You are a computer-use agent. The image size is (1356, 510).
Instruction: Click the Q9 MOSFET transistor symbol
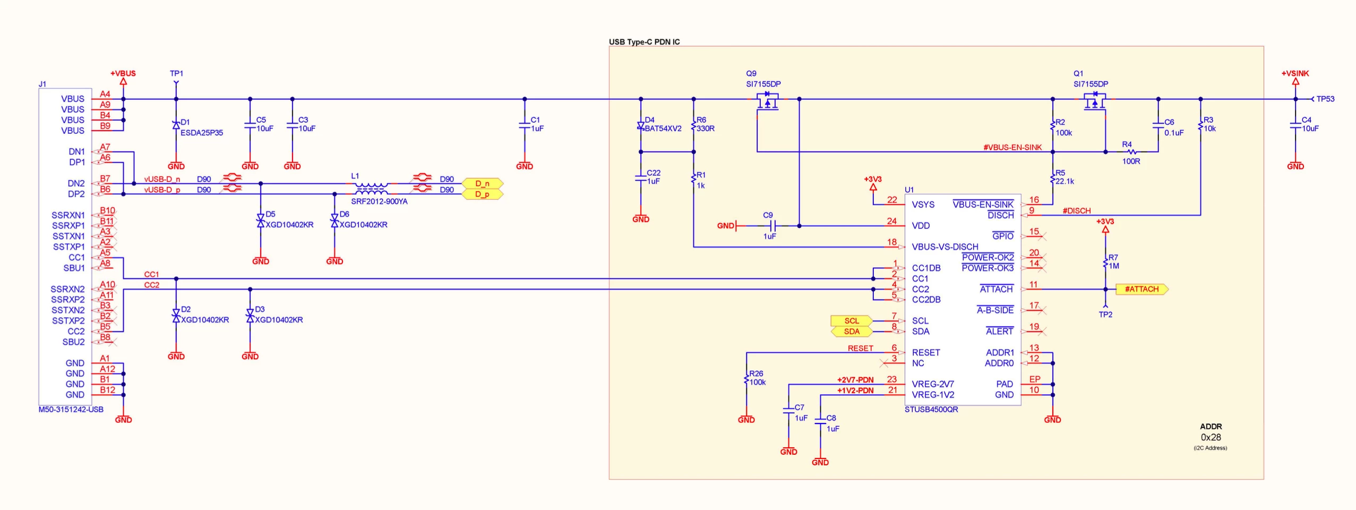coord(767,101)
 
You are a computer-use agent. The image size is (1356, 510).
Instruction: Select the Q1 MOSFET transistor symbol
coord(1094,101)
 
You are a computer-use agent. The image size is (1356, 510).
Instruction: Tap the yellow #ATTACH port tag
coord(1142,289)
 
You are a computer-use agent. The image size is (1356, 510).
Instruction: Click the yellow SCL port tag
coord(851,321)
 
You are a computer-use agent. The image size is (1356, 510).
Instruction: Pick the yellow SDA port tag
coord(851,331)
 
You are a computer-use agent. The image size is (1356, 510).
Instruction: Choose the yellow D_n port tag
coord(482,184)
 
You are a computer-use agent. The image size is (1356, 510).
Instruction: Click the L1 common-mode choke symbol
coord(371,189)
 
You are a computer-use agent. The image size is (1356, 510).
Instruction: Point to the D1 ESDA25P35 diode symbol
coord(176,125)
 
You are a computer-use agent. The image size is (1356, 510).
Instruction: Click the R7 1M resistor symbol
coord(1105,262)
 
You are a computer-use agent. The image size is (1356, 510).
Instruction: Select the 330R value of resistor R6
coord(706,129)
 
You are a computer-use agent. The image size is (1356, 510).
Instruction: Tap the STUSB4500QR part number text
coord(931,410)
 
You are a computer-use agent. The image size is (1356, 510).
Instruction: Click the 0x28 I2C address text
coord(1211,437)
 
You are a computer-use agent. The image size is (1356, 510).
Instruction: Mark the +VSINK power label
coord(1295,73)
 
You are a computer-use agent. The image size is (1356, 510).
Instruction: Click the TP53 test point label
coord(1325,99)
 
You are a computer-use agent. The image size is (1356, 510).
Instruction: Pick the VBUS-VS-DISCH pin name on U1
coord(945,246)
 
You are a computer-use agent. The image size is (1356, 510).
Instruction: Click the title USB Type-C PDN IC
coord(644,42)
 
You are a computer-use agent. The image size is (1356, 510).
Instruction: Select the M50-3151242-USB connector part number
coord(71,410)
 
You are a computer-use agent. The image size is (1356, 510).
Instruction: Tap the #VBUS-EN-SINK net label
coord(1012,147)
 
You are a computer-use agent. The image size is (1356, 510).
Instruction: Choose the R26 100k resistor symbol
coord(746,378)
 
